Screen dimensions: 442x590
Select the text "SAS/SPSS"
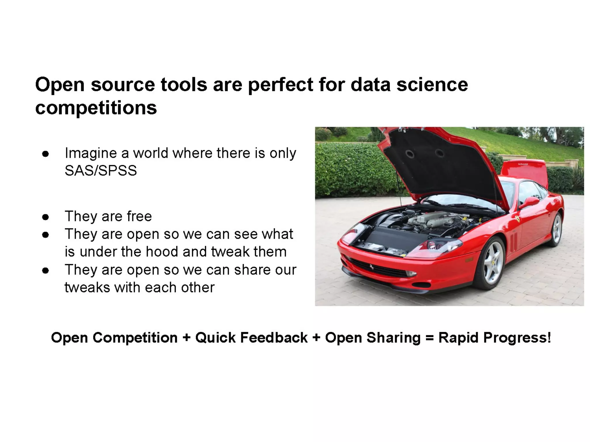pyautogui.click(x=101, y=170)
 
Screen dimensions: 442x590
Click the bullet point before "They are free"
pyautogui.click(x=45, y=217)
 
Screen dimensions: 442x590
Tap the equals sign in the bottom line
pyautogui.click(x=429, y=338)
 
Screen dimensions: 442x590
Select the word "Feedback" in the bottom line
pyautogui.click(x=274, y=338)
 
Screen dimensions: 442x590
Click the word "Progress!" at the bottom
pyautogui.click(x=517, y=338)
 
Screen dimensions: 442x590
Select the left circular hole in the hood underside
pyautogui.click(x=409, y=154)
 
